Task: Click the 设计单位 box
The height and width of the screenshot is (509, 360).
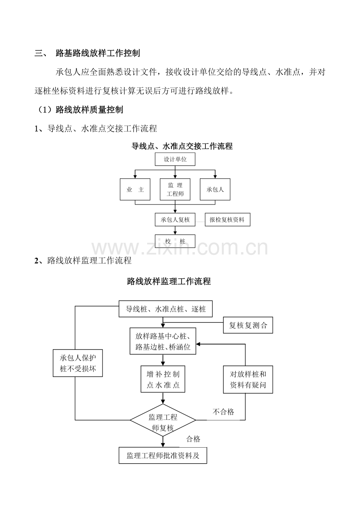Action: tap(175, 159)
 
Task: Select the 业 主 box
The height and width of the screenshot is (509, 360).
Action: tap(135, 189)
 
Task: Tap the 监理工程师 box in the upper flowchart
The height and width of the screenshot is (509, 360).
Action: tap(175, 189)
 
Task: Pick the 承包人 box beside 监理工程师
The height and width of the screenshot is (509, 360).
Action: tap(215, 189)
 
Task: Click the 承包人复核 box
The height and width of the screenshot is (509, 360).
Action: tap(175, 219)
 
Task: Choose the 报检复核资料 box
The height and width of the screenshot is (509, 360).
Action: tap(227, 219)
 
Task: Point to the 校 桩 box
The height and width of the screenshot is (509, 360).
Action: tap(175, 241)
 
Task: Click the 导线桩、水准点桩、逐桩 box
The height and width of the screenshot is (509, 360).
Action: tap(166, 309)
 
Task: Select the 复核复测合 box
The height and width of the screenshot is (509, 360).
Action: tap(248, 325)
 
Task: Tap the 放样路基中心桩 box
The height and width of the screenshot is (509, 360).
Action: tap(163, 341)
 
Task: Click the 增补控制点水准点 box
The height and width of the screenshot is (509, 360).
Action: tap(163, 379)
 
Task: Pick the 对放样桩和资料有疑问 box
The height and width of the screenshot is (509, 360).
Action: tap(248, 380)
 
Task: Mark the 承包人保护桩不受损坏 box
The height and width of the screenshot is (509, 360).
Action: tap(78, 363)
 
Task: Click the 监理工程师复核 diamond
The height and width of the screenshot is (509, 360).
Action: tap(163, 420)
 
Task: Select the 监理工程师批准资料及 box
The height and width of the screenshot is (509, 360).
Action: tap(163, 455)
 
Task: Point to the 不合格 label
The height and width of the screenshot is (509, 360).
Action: tap(223, 412)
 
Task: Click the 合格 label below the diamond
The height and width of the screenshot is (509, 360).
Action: tap(193, 439)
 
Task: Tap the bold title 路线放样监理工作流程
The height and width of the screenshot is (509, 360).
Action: tap(169, 281)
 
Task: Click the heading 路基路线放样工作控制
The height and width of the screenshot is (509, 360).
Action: tap(98, 53)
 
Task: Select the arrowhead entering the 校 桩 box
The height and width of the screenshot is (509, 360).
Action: tap(175, 233)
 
